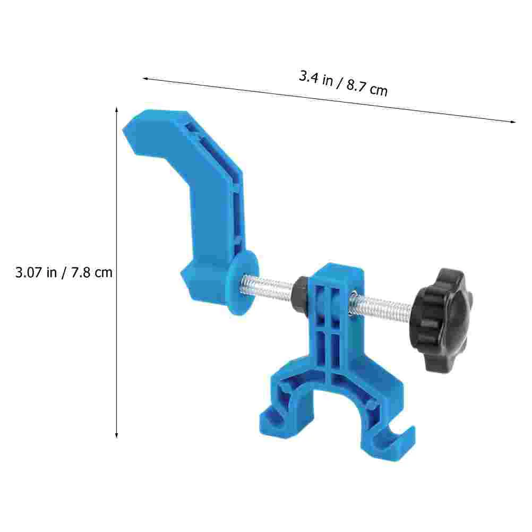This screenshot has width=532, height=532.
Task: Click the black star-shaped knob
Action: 442,320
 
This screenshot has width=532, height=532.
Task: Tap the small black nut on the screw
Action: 301,293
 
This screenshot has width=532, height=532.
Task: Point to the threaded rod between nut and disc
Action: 268,288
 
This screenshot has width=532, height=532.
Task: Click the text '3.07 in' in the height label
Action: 36,272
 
